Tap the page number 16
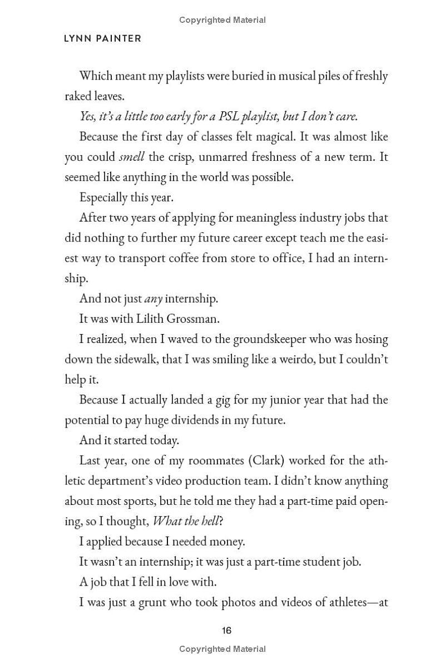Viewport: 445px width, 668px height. point(226,631)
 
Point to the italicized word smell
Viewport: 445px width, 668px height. point(132,157)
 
